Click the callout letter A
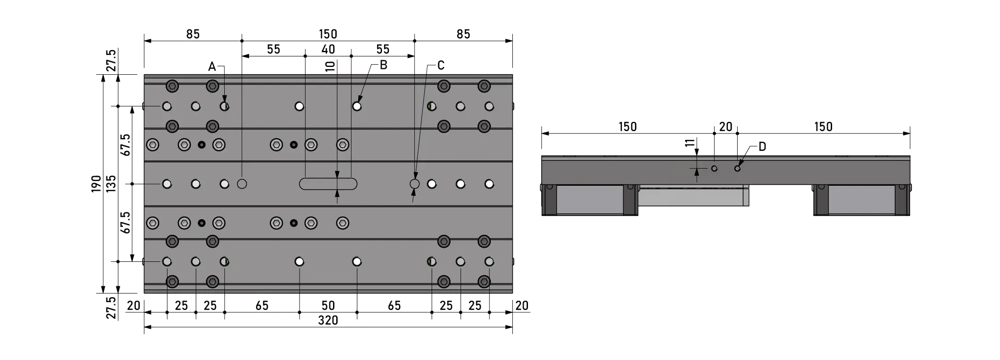[212, 67]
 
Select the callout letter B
[383, 65]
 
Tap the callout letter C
[441, 66]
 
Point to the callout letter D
[762, 147]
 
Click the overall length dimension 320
[328, 320]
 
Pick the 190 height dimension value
[96, 183]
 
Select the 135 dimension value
[111, 183]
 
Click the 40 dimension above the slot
[328, 49]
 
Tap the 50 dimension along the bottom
[328, 305]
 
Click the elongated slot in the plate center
[328, 184]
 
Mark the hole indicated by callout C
[415, 184]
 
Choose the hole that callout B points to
[357, 106]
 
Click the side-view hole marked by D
[737, 168]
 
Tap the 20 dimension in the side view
[726, 127]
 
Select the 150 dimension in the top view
[328, 34]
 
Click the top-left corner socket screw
[172, 86]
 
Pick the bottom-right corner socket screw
[484, 281]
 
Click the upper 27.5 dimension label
[111, 60]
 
